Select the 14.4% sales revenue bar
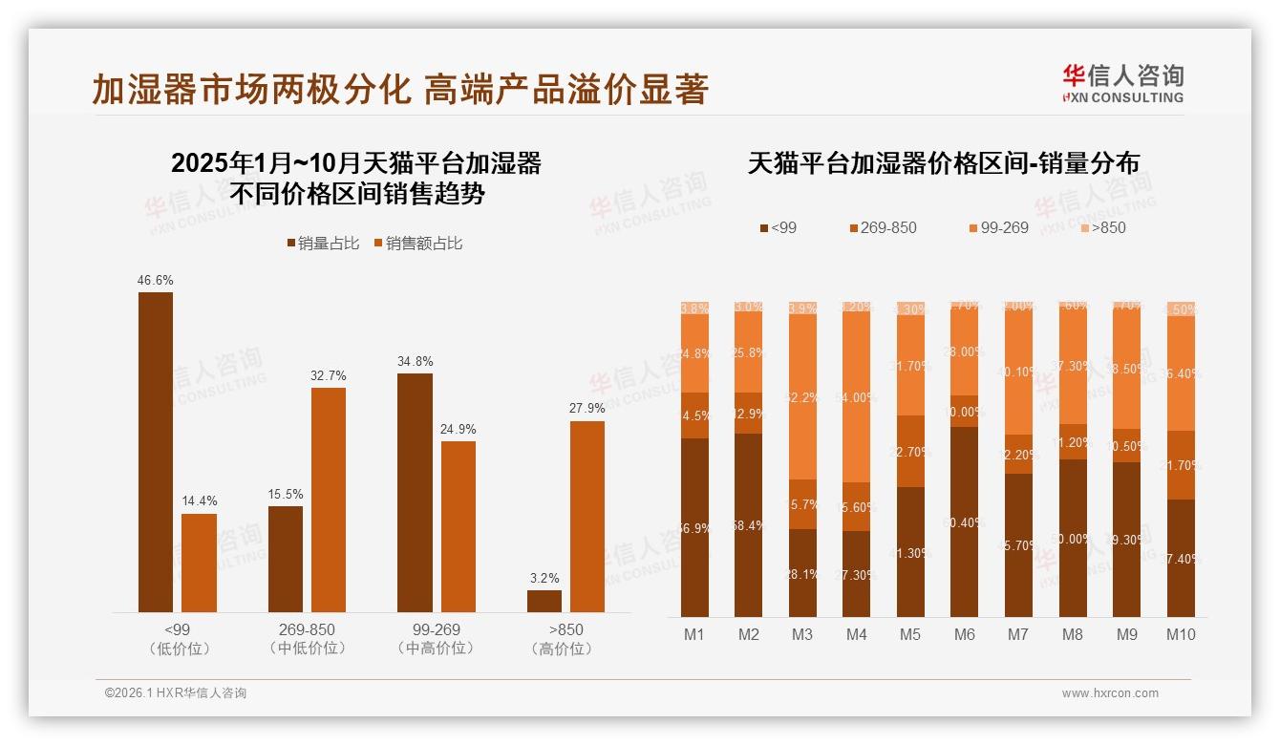click(x=199, y=563)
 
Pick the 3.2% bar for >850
click(x=544, y=601)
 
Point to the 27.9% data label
click(x=587, y=409)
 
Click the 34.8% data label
click(x=416, y=361)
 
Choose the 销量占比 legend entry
click(x=323, y=244)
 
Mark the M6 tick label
click(x=965, y=634)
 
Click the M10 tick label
click(x=1181, y=634)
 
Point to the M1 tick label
click(x=694, y=634)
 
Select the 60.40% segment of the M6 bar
click(x=965, y=521)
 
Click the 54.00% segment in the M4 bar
click(x=857, y=396)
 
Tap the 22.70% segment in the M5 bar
click(x=911, y=451)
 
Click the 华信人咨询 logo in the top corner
click(x=1122, y=83)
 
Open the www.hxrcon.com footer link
click(x=1110, y=693)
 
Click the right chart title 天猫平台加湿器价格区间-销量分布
click(x=943, y=163)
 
